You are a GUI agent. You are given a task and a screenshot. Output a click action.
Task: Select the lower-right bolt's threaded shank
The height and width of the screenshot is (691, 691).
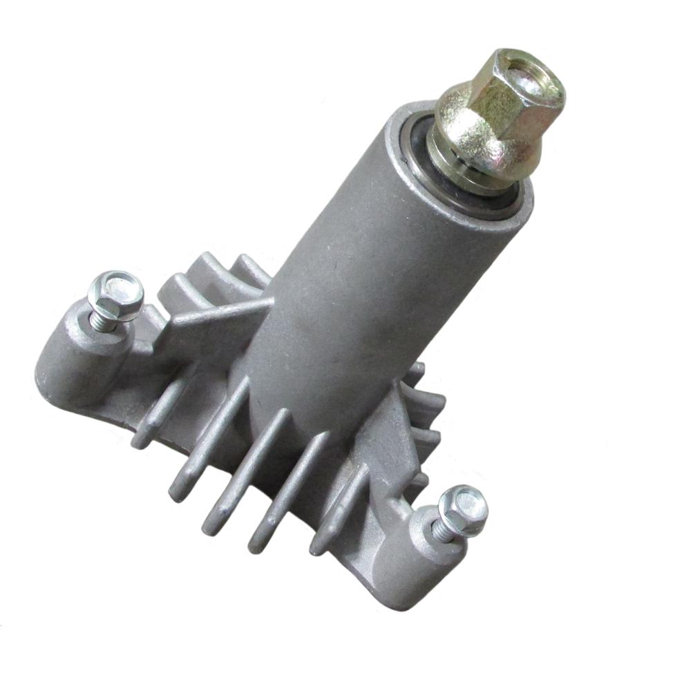pos(439,532)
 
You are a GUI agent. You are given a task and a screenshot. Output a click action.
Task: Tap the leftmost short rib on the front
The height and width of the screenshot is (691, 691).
pos(149,422)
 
